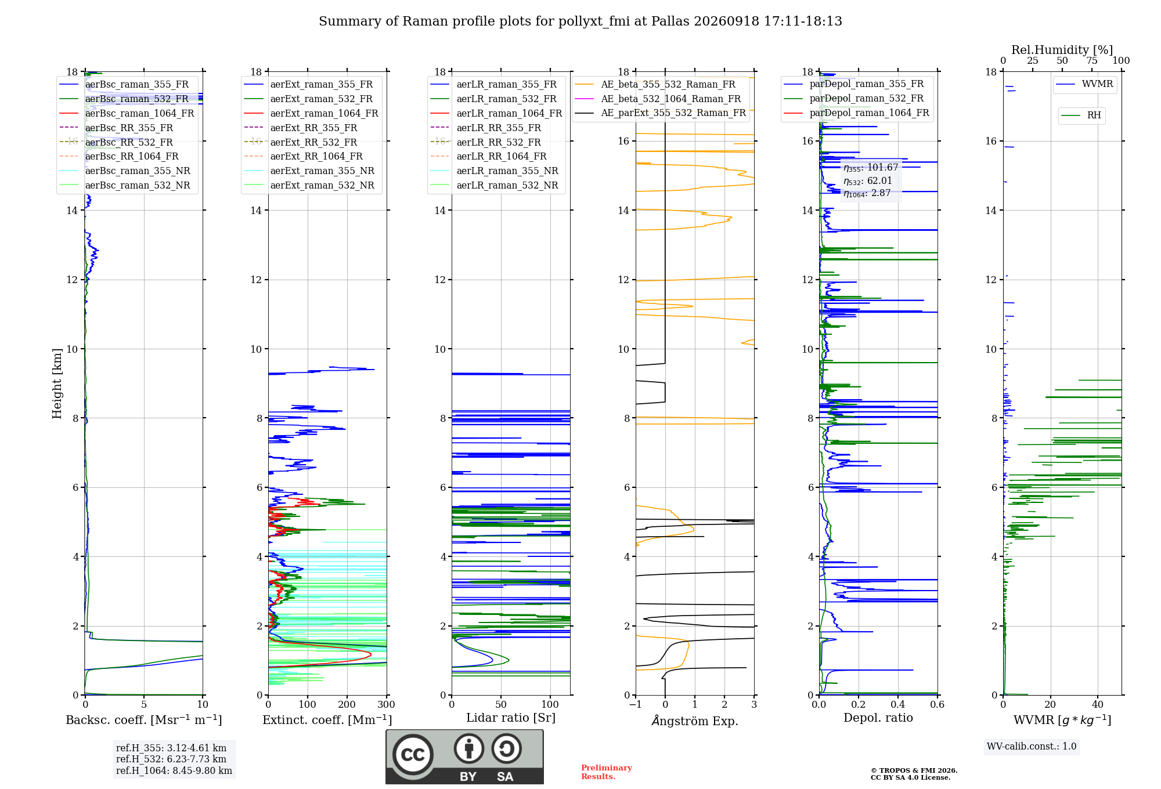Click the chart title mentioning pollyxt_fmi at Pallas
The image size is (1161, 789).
tap(580, 21)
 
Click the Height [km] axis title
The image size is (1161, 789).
tap(57, 383)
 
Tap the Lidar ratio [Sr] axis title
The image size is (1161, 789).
tap(511, 718)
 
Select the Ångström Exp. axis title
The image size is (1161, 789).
tap(695, 721)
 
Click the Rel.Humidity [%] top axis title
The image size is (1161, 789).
tap(1062, 50)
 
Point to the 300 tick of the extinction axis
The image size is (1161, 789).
tap(387, 704)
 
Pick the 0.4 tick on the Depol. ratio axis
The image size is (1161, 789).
tap(898, 704)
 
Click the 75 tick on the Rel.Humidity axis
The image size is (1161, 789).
tap(1092, 60)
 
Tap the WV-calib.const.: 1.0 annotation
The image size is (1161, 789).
tap(1032, 746)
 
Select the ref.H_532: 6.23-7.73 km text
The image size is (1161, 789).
tap(171, 759)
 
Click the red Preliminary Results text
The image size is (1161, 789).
tap(607, 772)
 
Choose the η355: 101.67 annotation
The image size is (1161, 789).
tap(871, 168)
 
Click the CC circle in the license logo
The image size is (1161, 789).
tap(413, 755)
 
